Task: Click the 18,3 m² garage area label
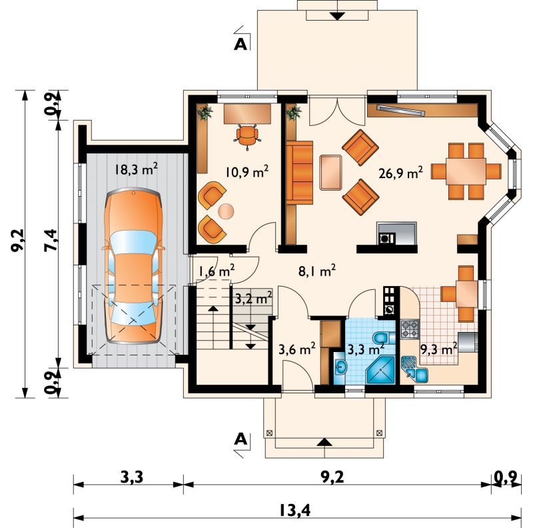(136, 169)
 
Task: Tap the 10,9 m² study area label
(247, 171)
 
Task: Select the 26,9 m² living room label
(401, 173)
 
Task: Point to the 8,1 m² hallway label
(317, 271)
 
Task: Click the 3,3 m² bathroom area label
(366, 349)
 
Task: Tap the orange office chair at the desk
(247, 137)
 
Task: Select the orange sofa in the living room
(299, 173)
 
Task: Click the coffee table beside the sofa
(330, 172)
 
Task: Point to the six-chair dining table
(466, 171)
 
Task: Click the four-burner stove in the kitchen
(410, 329)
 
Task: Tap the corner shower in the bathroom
(380, 370)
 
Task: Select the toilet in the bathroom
(384, 337)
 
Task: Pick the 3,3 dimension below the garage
(132, 477)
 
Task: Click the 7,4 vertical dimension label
(51, 241)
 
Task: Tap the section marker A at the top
(241, 44)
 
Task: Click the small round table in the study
(226, 211)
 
